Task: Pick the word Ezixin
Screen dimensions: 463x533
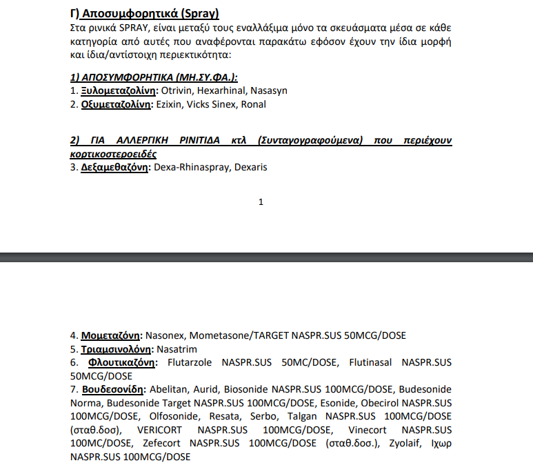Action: click(x=168, y=105)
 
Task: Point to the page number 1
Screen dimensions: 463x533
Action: click(x=261, y=202)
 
